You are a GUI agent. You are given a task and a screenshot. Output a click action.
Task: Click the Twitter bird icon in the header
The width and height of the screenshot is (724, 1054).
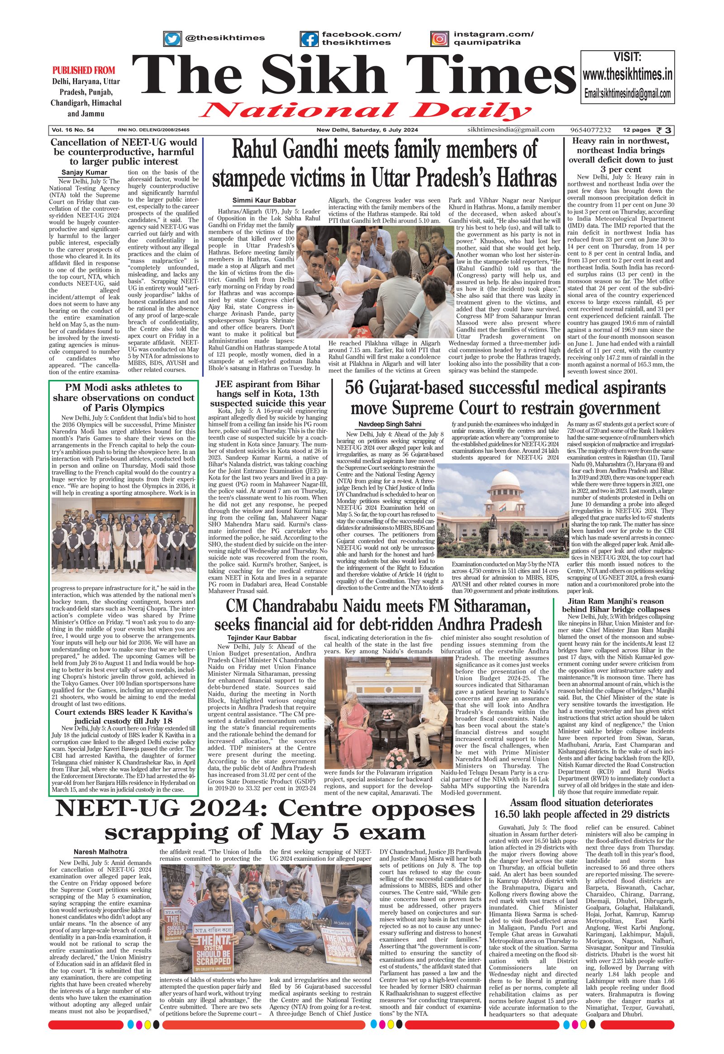172,39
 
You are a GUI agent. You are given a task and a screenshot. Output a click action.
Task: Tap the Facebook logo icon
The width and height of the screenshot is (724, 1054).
309,39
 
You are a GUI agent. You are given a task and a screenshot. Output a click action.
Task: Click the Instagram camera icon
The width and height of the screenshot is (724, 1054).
439,39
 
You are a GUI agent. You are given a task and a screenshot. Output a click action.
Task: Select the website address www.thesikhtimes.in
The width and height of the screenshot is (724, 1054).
627,74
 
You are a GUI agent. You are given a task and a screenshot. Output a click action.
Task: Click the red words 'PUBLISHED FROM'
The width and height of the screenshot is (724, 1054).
84,71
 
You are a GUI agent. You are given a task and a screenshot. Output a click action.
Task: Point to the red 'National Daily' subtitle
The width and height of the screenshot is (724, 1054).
365,111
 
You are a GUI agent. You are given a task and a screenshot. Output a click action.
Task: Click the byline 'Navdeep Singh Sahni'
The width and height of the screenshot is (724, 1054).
390,424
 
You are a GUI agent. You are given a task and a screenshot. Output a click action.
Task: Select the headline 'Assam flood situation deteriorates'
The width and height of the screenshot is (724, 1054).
581,803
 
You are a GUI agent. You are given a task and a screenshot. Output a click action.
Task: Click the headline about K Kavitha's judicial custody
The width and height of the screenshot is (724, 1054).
124,717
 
